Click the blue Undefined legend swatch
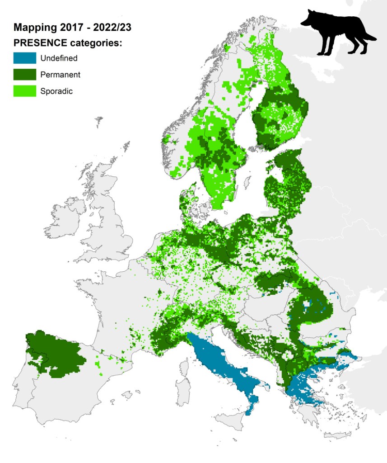click(x=24, y=58)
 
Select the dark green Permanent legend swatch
click(x=24, y=74)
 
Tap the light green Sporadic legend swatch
click(x=24, y=90)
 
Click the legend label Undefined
click(x=59, y=58)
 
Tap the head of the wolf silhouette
click(x=309, y=19)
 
